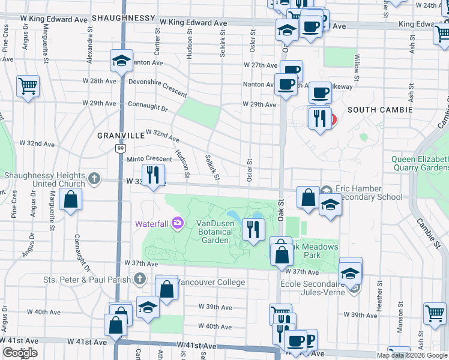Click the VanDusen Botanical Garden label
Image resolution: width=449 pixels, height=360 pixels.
pyautogui.click(x=213, y=232)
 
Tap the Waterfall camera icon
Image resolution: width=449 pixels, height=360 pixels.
pyautogui.click(x=177, y=223)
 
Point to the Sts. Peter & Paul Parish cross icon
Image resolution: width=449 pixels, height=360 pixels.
pyautogui.click(x=139, y=278)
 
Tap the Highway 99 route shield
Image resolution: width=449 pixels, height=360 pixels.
pyautogui.click(x=120, y=148)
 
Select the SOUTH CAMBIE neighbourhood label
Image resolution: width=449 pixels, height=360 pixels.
pyautogui.click(x=379, y=110)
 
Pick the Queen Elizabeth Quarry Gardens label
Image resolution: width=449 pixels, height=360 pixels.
pyautogui.click(x=420, y=163)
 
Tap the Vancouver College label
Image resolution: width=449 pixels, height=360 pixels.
pyautogui.click(x=211, y=282)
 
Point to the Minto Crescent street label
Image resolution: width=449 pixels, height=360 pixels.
pyautogui.click(x=149, y=159)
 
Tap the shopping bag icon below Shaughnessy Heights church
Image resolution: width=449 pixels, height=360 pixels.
pyautogui.click(x=71, y=199)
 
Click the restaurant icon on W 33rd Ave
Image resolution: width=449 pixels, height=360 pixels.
pyautogui.click(x=155, y=175)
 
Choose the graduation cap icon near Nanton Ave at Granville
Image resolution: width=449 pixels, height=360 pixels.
pyautogui.click(x=121, y=61)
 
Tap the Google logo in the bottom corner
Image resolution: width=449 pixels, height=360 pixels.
pyautogui.click(x=20, y=353)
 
